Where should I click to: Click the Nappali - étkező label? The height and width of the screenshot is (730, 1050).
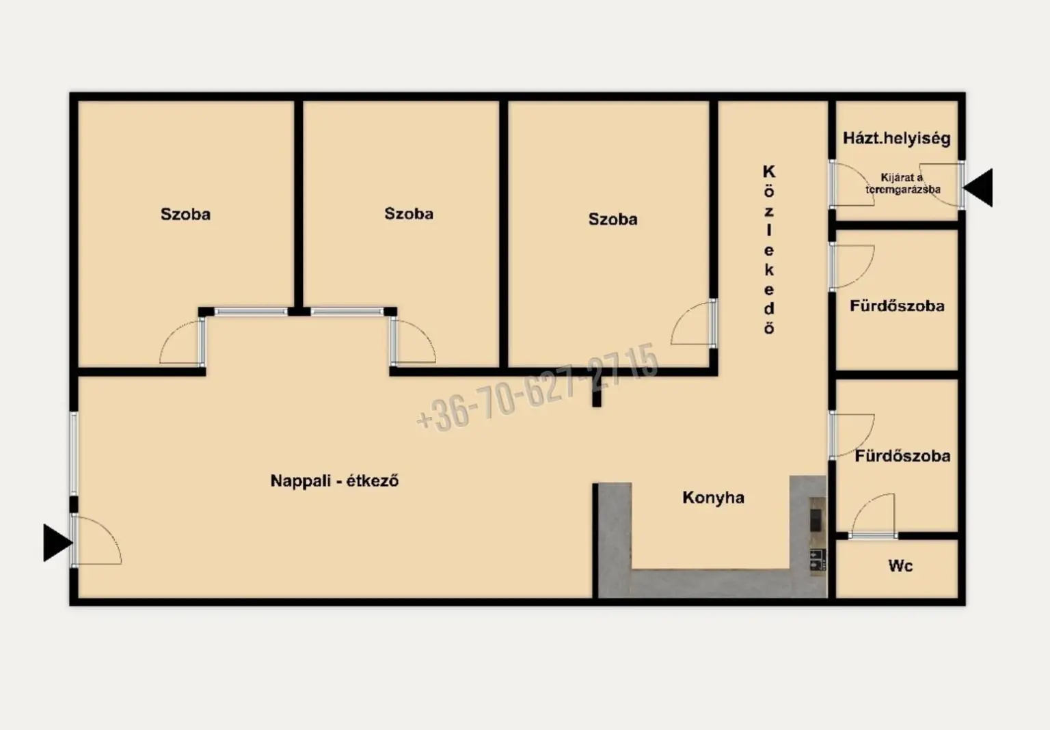[x=335, y=481]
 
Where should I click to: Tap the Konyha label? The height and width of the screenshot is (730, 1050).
[x=713, y=498]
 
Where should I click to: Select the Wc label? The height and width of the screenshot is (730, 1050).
[x=900, y=565]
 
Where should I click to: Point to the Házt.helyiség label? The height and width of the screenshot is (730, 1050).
[x=897, y=138]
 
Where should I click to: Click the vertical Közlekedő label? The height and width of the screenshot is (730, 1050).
[x=769, y=249]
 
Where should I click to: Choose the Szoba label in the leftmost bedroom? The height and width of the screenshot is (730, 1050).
[x=186, y=214]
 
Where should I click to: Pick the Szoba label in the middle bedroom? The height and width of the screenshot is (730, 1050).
[x=409, y=214]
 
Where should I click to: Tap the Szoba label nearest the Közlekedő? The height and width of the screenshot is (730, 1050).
[x=612, y=219]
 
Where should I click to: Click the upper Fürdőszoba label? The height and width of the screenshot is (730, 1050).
[x=897, y=306]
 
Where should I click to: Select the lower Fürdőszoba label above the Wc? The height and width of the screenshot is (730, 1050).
[x=902, y=456]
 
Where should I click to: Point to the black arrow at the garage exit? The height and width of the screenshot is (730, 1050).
[x=978, y=187]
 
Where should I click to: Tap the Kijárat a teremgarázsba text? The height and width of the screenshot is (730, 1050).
[x=902, y=184]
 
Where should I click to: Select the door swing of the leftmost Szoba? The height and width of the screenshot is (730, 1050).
[x=182, y=342]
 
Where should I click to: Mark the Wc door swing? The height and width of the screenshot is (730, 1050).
[x=873, y=515]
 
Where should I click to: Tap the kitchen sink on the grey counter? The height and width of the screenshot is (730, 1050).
[x=818, y=559]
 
